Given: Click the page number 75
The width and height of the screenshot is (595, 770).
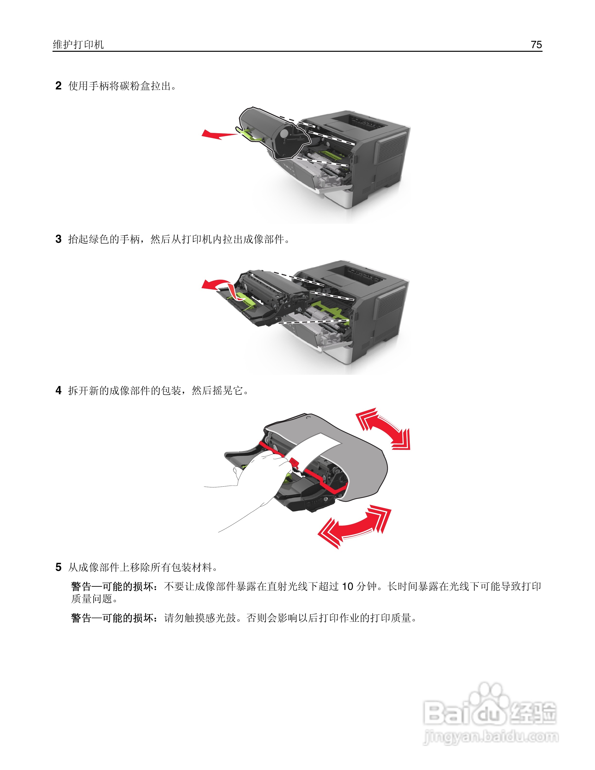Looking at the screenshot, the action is coord(536,44).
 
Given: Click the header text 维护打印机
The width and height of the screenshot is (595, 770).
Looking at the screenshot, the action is coord(78,44).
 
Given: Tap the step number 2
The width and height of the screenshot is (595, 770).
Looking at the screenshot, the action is coord(59,86).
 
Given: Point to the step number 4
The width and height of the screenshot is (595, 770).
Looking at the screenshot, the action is coord(59,390).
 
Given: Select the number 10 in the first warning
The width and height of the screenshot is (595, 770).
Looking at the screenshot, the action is coord(348,586).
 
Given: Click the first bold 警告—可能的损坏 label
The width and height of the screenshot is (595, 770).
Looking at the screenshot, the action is coord(113,586).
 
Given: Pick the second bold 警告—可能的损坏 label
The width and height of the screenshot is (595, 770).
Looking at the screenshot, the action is coord(113,618).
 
